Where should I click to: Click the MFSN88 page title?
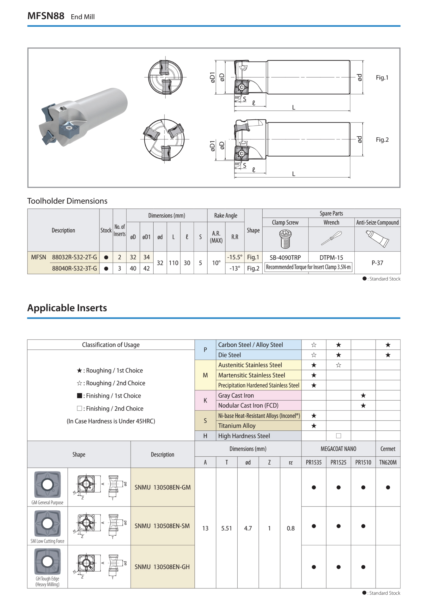click(46, 16)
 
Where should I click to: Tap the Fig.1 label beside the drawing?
click(382, 78)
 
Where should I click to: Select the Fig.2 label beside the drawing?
click(382, 140)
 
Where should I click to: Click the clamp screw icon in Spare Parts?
click(285, 239)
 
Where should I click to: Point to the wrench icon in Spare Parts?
click(331, 238)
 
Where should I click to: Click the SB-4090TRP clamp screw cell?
click(285, 258)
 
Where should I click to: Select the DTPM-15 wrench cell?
click(331, 258)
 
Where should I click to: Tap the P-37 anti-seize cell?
click(377, 263)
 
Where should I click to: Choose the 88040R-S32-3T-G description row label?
click(74, 268)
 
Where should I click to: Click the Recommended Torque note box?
click(308, 267)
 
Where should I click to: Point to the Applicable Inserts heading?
click(67, 308)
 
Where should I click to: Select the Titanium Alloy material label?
click(237, 426)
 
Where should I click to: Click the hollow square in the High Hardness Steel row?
click(338, 436)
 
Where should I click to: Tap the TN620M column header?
click(388, 462)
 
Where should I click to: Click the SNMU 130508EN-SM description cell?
click(162, 526)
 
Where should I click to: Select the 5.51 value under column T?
click(227, 528)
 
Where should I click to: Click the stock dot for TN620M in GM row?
click(388, 487)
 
